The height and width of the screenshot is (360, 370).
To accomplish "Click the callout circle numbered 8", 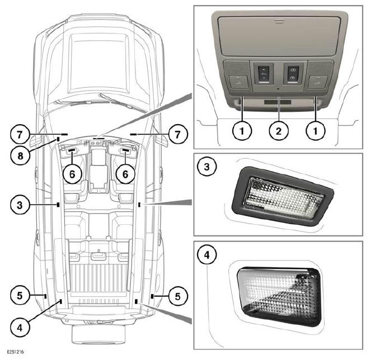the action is coord(20,155).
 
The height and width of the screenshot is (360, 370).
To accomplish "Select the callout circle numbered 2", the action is coord(279,131).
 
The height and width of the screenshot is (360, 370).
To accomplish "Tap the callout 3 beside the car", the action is coord(20,205).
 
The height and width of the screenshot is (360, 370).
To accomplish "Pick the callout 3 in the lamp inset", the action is coord(207,167).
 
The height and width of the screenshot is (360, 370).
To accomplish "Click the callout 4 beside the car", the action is coord(20,328).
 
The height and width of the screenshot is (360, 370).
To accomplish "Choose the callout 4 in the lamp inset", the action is coord(207,255).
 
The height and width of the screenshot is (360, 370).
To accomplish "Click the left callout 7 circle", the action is coord(20,135).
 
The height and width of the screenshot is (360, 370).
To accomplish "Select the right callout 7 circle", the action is coord(178,135).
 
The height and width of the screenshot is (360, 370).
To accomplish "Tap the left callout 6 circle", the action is coord(72,174).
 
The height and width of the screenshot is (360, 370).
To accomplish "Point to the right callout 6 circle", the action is coord(125,174).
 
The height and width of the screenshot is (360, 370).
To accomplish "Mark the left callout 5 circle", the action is coord(20,296).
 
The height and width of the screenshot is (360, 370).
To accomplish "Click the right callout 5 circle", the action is coord(178,296).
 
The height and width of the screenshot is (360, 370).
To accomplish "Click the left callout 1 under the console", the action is coord(242,131).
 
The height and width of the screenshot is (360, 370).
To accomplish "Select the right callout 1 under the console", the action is coord(316,131).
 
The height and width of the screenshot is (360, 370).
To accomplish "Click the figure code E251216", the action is coord(15,352).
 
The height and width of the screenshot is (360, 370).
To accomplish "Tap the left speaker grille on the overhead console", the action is coord(236,68).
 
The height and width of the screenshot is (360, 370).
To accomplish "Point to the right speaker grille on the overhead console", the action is coord(321,68).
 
